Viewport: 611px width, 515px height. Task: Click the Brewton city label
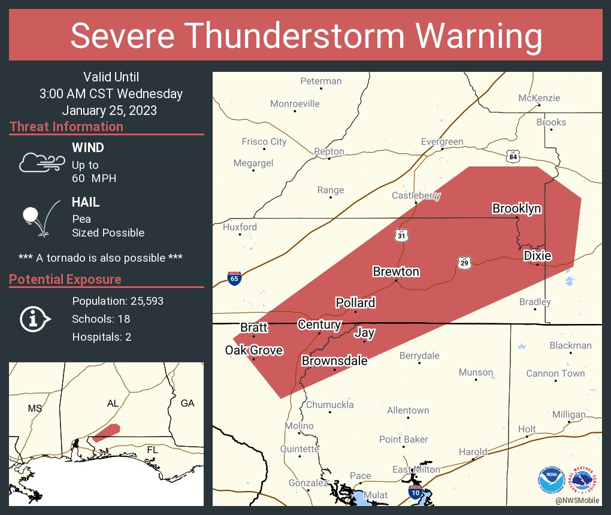pyautogui.click(x=396, y=272)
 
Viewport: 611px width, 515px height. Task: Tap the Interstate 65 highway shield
pyautogui.click(x=235, y=278)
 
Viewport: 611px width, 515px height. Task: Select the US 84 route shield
pyautogui.click(x=512, y=156)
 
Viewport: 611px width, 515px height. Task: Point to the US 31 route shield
pyautogui.click(x=401, y=235)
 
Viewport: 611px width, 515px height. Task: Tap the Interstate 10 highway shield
pyautogui.click(x=415, y=493)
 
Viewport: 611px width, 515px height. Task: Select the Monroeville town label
pyautogui.click(x=295, y=104)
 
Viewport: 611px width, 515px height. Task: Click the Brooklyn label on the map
pyautogui.click(x=516, y=208)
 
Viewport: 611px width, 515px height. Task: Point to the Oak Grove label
pyautogui.click(x=253, y=350)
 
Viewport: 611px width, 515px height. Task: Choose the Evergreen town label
pyautogui.click(x=442, y=142)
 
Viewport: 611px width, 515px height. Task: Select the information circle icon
pyautogui.click(x=34, y=319)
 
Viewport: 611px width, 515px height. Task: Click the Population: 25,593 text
pyautogui.click(x=117, y=301)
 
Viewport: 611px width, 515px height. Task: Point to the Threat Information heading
pyautogui.click(x=66, y=126)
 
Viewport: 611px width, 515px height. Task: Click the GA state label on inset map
pyautogui.click(x=187, y=403)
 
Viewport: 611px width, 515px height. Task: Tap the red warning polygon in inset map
pyautogui.click(x=107, y=432)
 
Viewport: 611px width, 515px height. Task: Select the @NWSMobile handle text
pyautogui.click(x=576, y=500)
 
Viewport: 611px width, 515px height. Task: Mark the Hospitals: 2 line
pyautogui.click(x=101, y=337)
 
